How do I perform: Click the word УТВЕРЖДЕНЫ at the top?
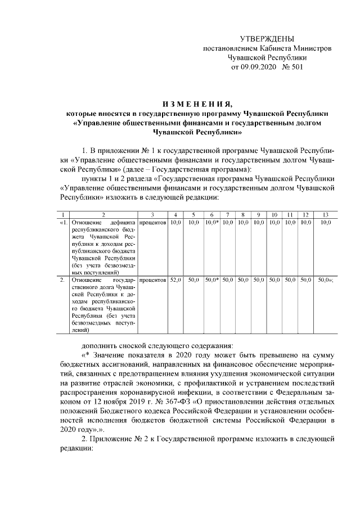pyautogui.click(x=267, y=39)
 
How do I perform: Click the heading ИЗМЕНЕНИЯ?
pyautogui.click(x=196, y=104)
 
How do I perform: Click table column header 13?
pyautogui.click(x=325, y=215)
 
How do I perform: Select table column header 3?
pyautogui.click(x=152, y=215)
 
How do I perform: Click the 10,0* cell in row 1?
pyautogui.click(x=211, y=223)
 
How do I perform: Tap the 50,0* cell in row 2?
pyautogui.click(x=211, y=279)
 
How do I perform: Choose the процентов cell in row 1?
pyautogui.click(x=152, y=223)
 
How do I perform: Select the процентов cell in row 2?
pyautogui.click(x=152, y=279)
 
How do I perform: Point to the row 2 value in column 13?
pyautogui.click(x=325, y=279)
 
